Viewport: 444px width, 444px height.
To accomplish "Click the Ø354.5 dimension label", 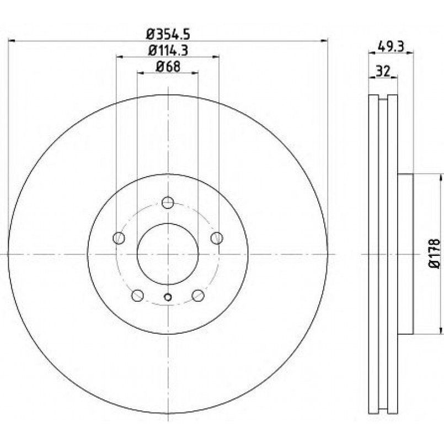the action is pos(168,35).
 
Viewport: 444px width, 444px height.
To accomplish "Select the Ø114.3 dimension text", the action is pos(168,51).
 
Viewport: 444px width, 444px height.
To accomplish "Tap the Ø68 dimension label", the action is pos(168,67).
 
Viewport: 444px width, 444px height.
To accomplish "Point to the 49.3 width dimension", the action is pos(390,46).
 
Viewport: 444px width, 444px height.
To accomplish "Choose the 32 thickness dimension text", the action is pos(383,71).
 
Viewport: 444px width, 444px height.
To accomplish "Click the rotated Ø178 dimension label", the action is pos(435,254).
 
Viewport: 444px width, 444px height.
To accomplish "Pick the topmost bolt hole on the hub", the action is pos(168,202).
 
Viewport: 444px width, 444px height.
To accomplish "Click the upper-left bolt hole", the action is pos(119,238).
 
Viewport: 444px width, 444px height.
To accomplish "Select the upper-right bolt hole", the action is pos(217,238).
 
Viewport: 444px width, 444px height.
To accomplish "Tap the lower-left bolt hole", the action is pos(138,295).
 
